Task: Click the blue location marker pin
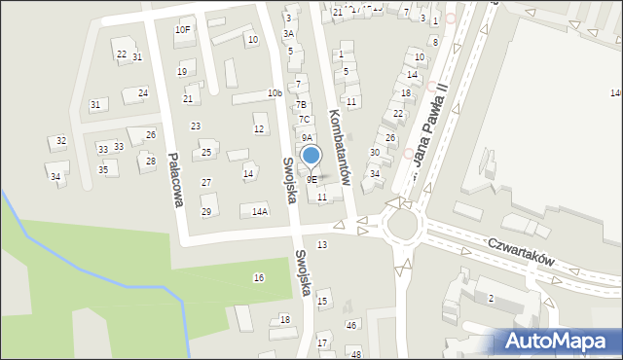(311, 156)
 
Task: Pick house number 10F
(182, 30)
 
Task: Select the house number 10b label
(275, 93)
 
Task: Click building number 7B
(302, 104)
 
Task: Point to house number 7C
(305, 120)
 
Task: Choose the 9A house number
(306, 138)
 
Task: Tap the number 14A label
(260, 211)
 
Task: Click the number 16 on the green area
(259, 278)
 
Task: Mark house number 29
(206, 211)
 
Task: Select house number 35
(102, 169)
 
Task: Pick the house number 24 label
(143, 93)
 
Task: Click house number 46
(351, 325)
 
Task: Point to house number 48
(356, 353)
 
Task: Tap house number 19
(182, 72)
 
